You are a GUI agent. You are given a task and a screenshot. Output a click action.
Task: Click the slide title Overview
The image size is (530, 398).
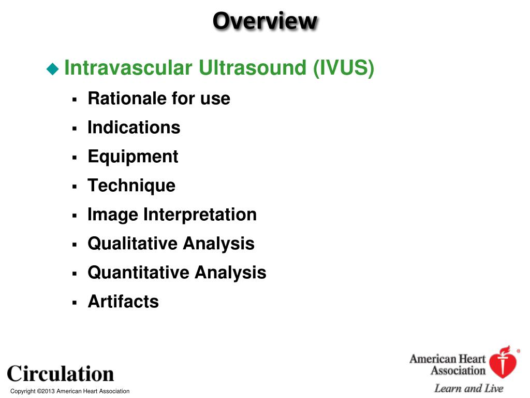point(266,21)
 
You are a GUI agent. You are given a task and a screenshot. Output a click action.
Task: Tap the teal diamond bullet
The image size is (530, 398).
point(53,69)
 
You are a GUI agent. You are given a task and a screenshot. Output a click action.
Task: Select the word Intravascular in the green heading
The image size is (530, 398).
point(128,67)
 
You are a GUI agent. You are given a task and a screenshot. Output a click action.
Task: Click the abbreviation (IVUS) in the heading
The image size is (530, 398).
point(344,68)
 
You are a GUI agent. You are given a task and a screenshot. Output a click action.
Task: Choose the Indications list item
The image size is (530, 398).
point(134,127)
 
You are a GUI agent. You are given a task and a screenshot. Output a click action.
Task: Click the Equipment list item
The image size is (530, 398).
point(133,157)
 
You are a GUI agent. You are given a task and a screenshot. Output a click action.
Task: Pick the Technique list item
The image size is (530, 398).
point(131,186)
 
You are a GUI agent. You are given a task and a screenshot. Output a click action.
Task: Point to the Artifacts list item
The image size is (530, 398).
point(123,302)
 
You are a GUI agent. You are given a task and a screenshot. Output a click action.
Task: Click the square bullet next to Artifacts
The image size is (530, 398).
point(75,302)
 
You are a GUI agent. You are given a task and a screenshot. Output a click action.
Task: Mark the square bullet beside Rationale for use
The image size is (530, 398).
point(75,99)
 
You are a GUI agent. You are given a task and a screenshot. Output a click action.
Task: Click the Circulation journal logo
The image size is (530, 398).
point(61,374)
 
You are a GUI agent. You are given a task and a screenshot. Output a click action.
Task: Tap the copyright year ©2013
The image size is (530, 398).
point(46,391)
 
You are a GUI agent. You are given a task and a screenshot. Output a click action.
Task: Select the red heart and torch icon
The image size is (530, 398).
point(504,362)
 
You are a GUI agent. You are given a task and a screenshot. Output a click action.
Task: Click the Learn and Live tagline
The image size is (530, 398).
point(468,389)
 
